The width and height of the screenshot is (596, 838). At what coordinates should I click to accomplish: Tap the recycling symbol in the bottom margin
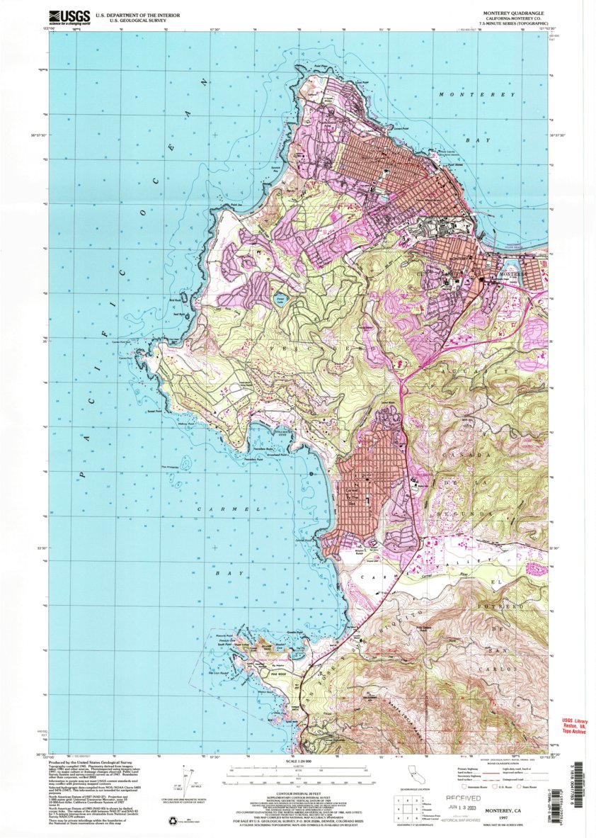pyautogui.click(x=173, y=820)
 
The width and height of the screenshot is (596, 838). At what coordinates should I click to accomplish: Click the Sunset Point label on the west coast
pyautogui.click(x=155, y=411)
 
